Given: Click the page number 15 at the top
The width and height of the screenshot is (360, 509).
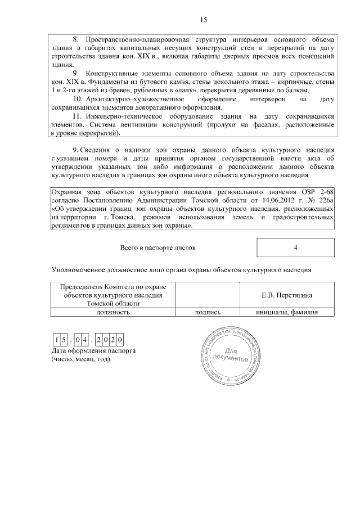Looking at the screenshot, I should pos(204,21).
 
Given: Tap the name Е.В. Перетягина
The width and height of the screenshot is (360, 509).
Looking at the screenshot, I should pos(287,295).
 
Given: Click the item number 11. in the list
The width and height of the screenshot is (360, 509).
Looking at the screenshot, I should pos(77,116).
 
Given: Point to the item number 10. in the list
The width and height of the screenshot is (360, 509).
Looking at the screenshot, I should pos(77,99).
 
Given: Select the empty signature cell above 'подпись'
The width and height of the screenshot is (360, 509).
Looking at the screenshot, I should pos(207,295).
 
